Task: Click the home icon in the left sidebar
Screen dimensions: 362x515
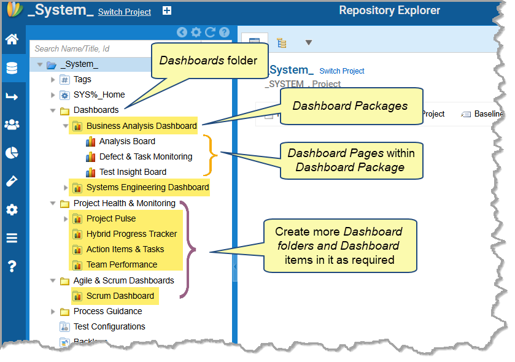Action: click(x=12, y=40)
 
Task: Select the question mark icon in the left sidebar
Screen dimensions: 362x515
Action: click(x=12, y=266)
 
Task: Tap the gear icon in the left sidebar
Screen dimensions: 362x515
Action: click(x=12, y=210)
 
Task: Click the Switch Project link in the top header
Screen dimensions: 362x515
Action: click(x=125, y=12)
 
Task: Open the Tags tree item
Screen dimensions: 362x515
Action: click(x=82, y=79)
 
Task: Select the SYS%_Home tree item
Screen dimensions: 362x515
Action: click(x=99, y=94)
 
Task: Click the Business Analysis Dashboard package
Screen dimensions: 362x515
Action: click(x=141, y=126)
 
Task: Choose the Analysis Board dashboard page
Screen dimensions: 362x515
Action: click(x=127, y=141)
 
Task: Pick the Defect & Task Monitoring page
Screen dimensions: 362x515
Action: click(x=145, y=156)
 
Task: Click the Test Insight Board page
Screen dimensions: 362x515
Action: click(x=133, y=172)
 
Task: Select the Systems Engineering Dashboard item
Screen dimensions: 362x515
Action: click(x=147, y=187)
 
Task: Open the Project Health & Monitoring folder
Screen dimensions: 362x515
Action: click(x=124, y=203)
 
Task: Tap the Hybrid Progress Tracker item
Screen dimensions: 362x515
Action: click(x=131, y=234)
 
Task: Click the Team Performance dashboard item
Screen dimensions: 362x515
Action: click(x=122, y=264)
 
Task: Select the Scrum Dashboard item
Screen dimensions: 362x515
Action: click(x=120, y=296)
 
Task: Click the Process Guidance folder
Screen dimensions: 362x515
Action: click(x=107, y=311)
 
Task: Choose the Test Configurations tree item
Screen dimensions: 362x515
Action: click(x=109, y=326)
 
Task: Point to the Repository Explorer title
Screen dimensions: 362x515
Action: click(x=389, y=10)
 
